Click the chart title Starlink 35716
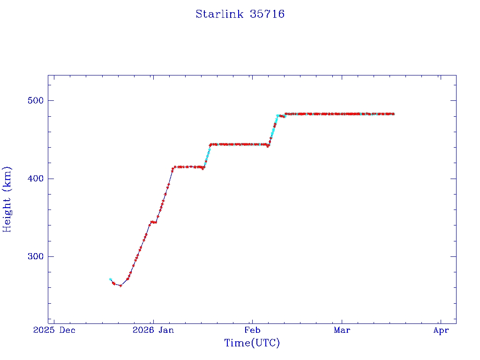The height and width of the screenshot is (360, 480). coord(240,14)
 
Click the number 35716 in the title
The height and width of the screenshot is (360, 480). coord(267,14)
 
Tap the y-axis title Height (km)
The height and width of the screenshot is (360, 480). coord(7,199)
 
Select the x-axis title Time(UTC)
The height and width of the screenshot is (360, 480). coord(252,343)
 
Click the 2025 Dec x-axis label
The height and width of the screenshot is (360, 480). coord(55,330)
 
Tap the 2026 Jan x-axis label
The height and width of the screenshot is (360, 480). coord(153,330)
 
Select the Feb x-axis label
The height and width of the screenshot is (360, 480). coord(252,330)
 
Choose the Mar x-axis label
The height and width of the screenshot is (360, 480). coord(342,330)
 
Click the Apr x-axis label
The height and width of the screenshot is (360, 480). coord(441,330)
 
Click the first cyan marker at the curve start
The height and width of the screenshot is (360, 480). coord(110,279)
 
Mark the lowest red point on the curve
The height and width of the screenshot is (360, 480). coord(120,285)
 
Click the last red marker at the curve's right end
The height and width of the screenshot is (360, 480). coord(393,114)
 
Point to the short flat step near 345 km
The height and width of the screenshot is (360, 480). coord(153,222)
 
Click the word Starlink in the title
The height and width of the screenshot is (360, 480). coord(219,14)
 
